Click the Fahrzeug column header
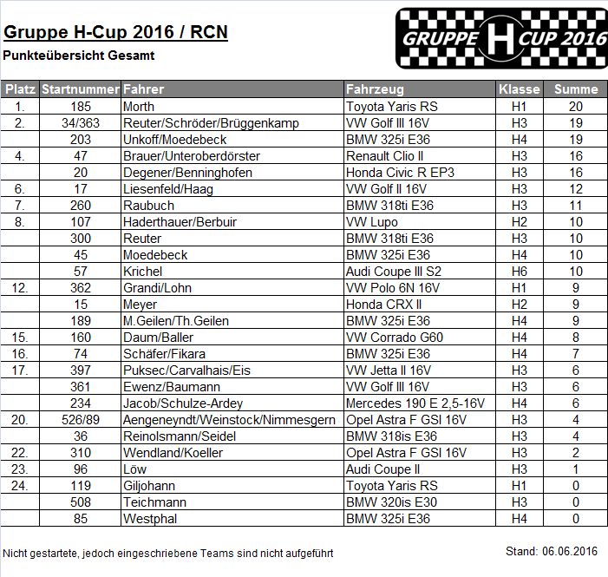(375, 89)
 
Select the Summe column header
(576, 89)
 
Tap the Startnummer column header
(81, 89)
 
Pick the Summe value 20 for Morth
(575, 106)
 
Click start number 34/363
(81, 122)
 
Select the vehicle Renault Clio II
(384, 155)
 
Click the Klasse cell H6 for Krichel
(519, 271)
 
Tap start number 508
(81, 502)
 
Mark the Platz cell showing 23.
(18, 469)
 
